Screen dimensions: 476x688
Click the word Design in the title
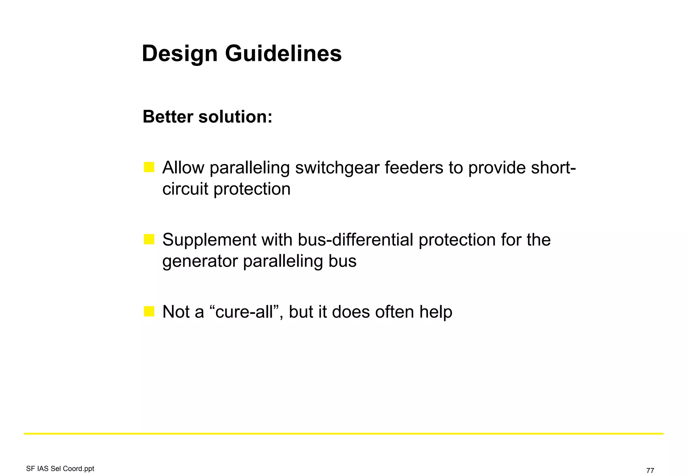180,54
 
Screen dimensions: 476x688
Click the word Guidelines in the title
283,54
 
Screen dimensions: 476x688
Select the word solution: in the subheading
235,117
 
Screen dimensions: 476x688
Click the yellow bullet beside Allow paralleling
149,167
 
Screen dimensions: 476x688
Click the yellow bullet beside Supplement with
149,239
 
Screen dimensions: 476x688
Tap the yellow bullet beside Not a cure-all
149,311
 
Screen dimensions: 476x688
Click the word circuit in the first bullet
185,189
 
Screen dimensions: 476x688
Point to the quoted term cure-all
244,312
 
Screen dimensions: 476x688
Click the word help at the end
436,312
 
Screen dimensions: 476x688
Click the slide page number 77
650,470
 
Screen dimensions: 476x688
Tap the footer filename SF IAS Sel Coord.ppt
60,469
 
